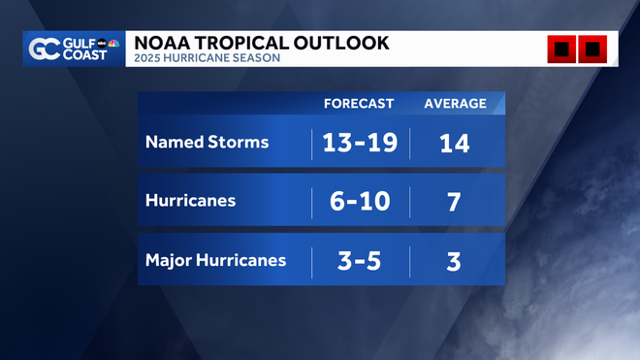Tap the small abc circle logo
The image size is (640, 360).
[x=101, y=44]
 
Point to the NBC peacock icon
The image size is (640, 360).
[x=114, y=44]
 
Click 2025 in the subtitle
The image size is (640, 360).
[x=148, y=58]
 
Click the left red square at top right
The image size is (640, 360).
[x=561, y=49]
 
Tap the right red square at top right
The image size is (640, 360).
[x=592, y=49]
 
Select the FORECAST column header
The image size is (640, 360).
[x=358, y=104]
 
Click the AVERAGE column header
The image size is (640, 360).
[x=454, y=104]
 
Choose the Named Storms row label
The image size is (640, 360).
[x=207, y=142]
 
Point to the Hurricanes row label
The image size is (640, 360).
[x=190, y=201]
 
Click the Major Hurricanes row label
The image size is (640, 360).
[x=215, y=260]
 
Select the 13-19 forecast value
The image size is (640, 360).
[x=360, y=143]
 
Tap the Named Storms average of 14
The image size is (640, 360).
[x=454, y=143]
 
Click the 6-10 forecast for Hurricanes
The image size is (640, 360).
[x=360, y=202]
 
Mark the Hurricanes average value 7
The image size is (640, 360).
[x=454, y=202]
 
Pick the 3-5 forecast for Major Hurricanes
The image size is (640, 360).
[x=359, y=261]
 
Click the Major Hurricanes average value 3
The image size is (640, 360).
[x=454, y=261]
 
